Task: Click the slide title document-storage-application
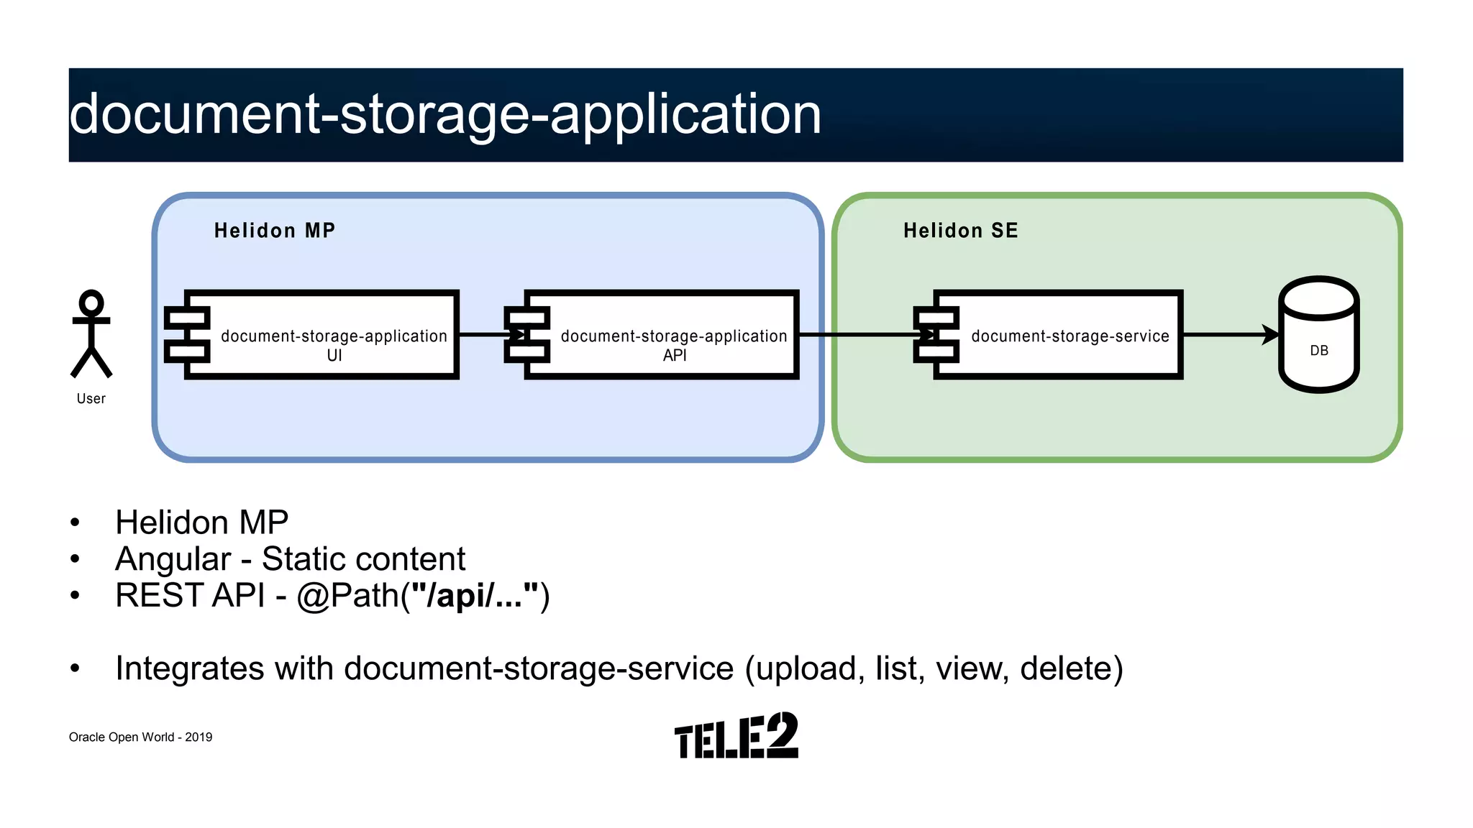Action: (445, 114)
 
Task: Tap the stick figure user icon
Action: (91, 333)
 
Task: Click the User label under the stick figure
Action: (91, 399)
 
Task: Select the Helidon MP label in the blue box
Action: (275, 231)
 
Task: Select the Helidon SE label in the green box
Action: (960, 231)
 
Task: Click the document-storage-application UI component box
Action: (321, 336)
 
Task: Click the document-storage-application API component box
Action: (662, 336)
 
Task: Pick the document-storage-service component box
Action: (1057, 336)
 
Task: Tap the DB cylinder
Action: (1318, 335)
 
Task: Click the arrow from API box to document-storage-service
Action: (856, 334)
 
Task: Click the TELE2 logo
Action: (736, 736)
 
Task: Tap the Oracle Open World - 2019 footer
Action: (140, 737)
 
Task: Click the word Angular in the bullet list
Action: (173, 559)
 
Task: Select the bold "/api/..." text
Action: (475, 596)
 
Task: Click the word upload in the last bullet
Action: (806, 668)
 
